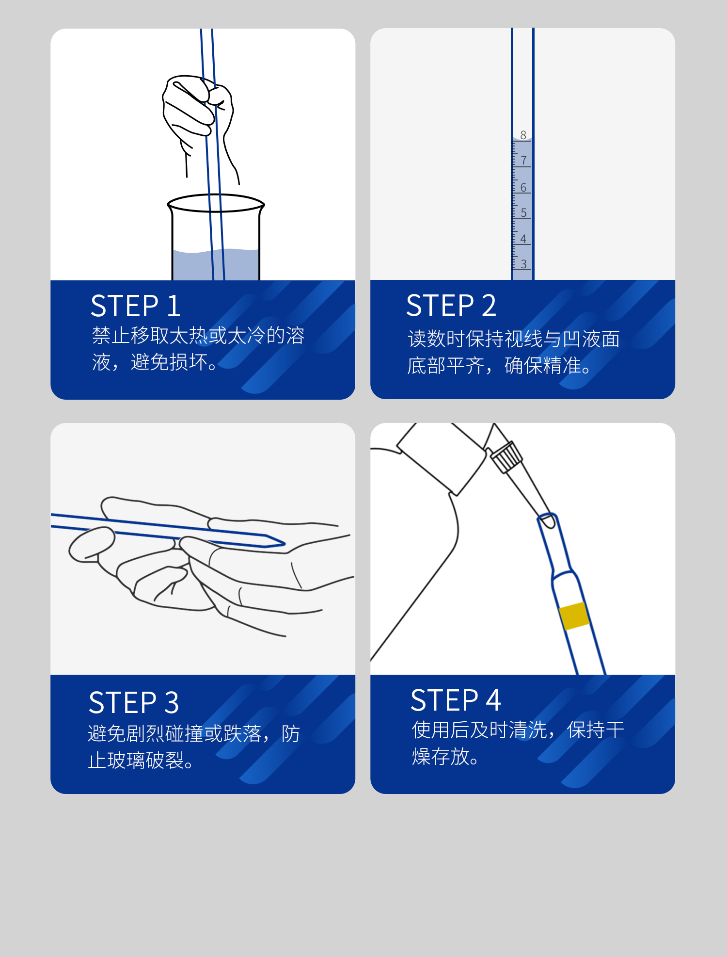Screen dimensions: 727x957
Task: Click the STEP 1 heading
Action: [136, 306]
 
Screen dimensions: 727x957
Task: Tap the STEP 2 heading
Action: [451, 306]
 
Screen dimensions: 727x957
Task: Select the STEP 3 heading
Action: [134, 702]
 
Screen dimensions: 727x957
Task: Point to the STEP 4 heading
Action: [456, 700]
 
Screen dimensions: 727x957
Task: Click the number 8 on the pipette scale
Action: [523, 135]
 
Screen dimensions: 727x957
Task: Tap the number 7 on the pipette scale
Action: [523, 161]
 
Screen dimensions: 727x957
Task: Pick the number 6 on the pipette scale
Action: [523, 187]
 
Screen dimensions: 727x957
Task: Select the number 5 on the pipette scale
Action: [523, 212]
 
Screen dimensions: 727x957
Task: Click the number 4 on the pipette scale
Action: [523, 239]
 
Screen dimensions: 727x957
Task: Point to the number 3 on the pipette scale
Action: [523, 264]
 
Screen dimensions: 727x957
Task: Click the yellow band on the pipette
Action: [574, 616]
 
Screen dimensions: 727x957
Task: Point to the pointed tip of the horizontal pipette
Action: [284, 543]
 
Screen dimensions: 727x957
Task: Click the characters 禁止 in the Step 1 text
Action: [111, 335]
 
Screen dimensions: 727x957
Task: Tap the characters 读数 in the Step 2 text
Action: [427, 339]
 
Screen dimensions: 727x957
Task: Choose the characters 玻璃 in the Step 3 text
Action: [126, 760]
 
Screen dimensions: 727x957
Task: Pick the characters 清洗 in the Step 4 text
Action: [528, 730]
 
